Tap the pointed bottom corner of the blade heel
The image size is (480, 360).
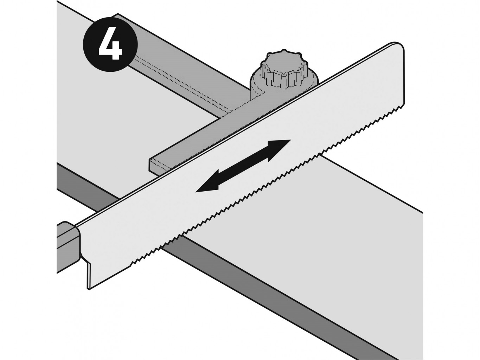tap(89, 289)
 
